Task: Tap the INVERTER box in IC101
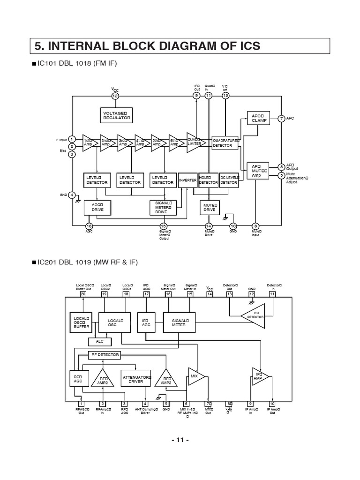pos(187,180)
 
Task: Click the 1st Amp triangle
pos(89,142)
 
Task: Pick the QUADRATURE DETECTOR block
pos(225,142)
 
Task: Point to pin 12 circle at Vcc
pos(115,96)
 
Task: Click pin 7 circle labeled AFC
pos(281,119)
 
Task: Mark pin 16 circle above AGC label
pos(89,225)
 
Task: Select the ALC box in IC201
pos(99,341)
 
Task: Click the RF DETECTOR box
pos(104,355)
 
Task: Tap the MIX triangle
pos(195,376)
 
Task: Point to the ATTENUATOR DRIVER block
pos(136,379)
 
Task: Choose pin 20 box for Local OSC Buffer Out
pos(83,294)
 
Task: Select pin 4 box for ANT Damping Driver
pos(145,404)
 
